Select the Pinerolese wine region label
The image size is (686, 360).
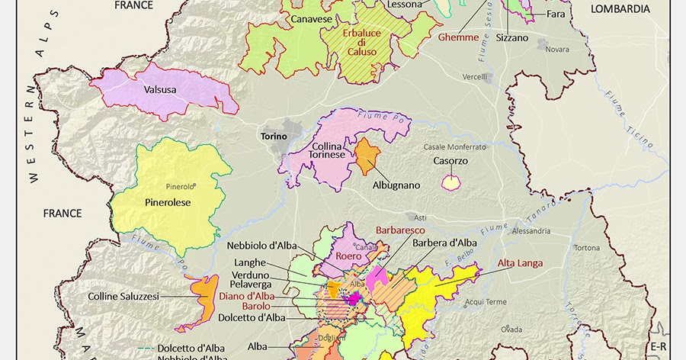coord(167,202)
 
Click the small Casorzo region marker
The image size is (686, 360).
coord(451,182)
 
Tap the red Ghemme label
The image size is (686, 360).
coord(458,37)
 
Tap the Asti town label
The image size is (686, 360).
coord(413,217)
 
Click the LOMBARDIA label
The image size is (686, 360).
coord(619,9)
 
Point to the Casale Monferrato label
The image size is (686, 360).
coord(455,146)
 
